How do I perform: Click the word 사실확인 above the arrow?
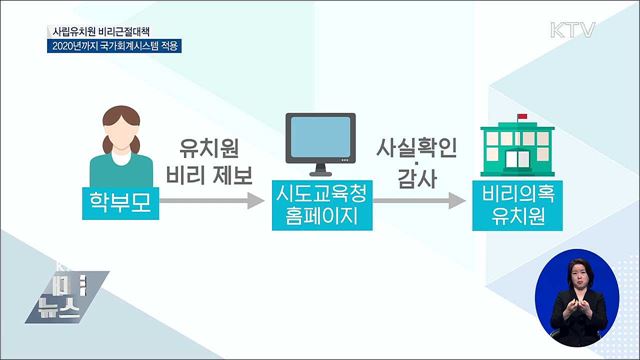[x=416, y=147]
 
